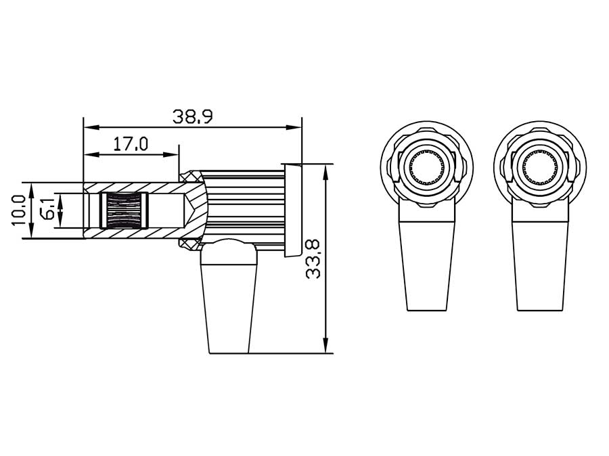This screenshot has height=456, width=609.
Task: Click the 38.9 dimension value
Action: (192, 116)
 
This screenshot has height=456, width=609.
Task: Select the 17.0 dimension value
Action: (131, 144)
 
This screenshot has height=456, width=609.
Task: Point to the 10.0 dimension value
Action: (19, 210)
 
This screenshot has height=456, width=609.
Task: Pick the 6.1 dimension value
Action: (48, 210)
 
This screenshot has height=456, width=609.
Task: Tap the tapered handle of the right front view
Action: (540, 264)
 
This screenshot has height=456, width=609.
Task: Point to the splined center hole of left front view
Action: (427, 168)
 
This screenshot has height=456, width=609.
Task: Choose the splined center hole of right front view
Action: (540, 168)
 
